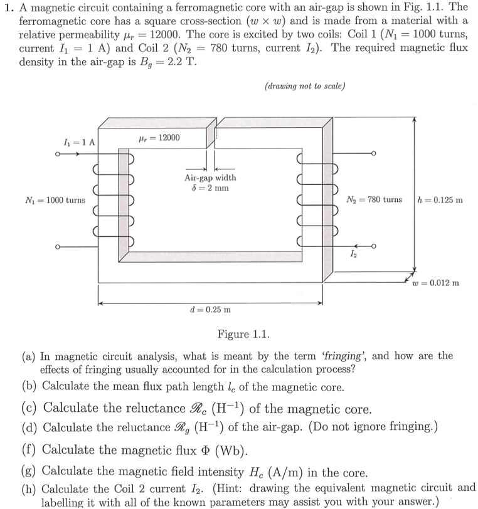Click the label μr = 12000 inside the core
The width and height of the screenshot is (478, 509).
[158, 138]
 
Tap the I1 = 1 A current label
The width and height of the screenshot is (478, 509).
[84, 142]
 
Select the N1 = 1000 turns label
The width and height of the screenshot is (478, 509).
[55, 200]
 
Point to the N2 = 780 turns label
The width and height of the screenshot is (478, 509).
[374, 200]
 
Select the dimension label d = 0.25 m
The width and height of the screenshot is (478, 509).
[210, 309]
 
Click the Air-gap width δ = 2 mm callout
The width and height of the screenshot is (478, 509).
[210, 182]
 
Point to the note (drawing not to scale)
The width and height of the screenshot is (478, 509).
[305, 86]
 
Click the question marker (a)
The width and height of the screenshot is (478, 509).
[28, 356]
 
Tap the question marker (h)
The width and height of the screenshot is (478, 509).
[29, 488]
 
